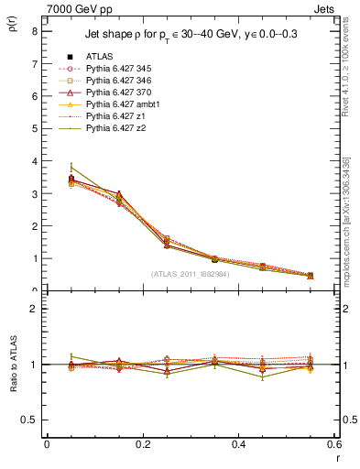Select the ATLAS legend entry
pyautogui.click(x=98, y=56)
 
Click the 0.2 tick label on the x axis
pyautogui.click(x=142, y=444)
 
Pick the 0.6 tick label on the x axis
pyautogui.click(x=333, y=444)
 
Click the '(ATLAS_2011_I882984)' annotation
pyautogui.click(x=190, y=273)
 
